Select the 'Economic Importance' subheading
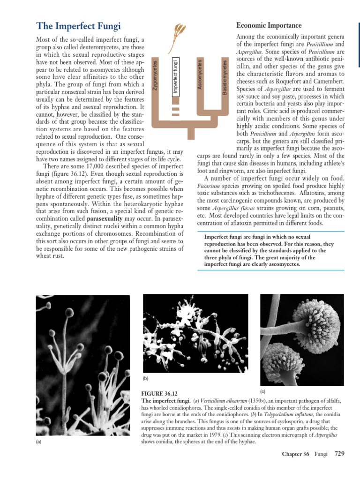pyautogui.click(x=269, y=25)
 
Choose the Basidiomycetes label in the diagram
pyautogui.click(x=225, y=77)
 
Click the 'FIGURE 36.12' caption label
pyautogui.click(x=159, y=393)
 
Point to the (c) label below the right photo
pyautogui.click(x=263, y=391)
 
